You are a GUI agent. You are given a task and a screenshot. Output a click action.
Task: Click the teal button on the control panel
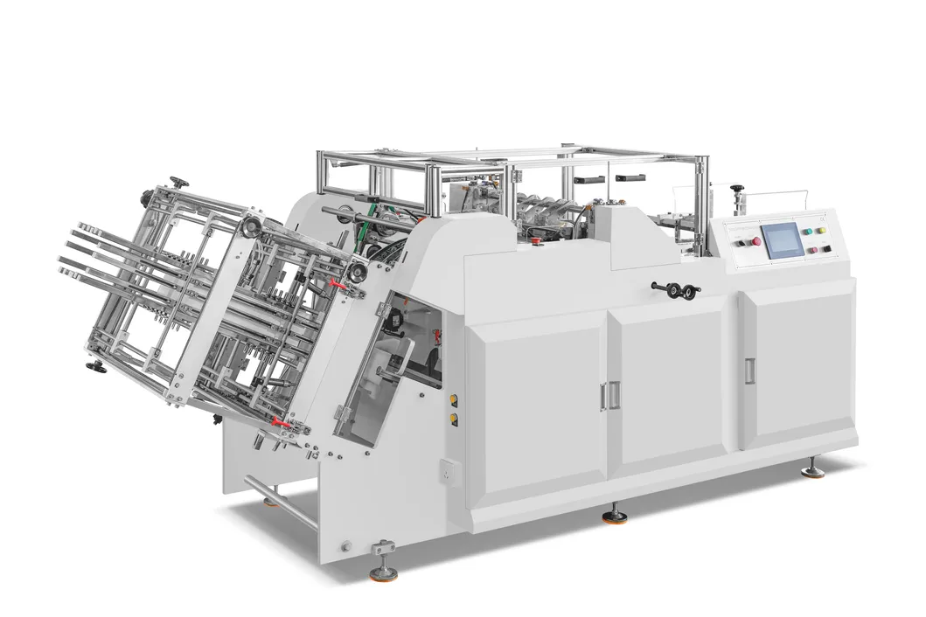click(x=807, y=232)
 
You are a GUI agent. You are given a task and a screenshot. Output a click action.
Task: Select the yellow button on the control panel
click(x=821, y=233)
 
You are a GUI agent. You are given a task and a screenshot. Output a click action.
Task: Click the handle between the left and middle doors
click(x=603, y=395)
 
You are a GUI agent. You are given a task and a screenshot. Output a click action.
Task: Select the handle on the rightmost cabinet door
click(x=748, y=370)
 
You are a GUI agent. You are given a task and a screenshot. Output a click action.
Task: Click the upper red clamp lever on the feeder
click(x=336, y=286)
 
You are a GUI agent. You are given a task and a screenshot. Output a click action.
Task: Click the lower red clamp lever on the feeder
click(x=282, y=423)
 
